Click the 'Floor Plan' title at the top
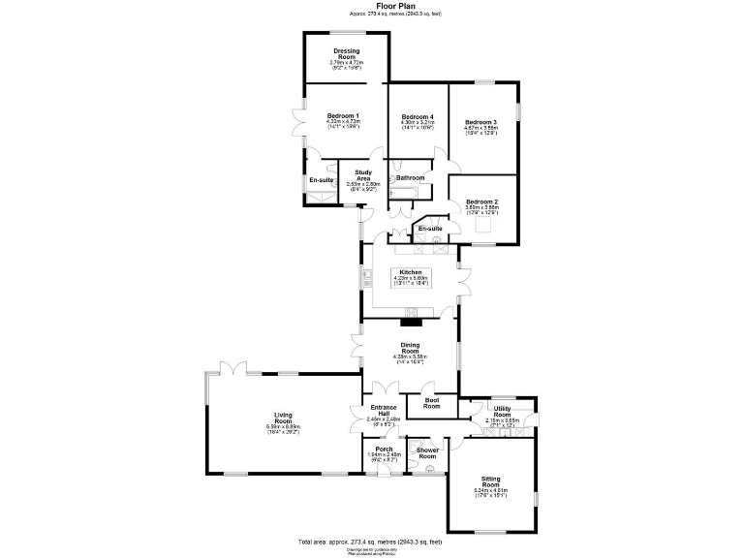372,6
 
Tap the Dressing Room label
346,54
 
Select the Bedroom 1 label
343,116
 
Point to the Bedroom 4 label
418,116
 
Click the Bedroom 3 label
480,122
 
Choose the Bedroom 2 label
481,201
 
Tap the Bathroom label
411,178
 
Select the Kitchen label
411,272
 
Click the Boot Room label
431,403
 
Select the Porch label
384,449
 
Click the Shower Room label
428,452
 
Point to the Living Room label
283,418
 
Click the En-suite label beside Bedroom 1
321,181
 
